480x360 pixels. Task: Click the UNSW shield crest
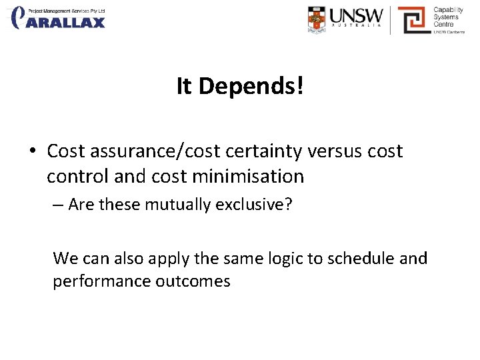[317, 20]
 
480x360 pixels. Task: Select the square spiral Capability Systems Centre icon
[413, 20]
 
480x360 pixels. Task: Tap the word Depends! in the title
[251, 86]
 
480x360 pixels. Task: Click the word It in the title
[184, 86]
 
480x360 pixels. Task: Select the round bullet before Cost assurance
[33, 151]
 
